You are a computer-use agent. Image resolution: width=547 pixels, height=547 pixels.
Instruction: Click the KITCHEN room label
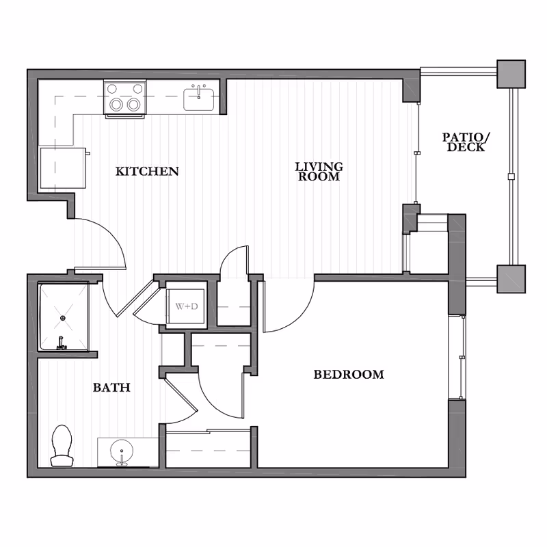tap(147, 172)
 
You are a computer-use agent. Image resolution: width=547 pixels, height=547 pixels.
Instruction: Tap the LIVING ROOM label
tap(319, 172)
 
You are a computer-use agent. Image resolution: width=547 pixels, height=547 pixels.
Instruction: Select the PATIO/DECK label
tap(466, 142)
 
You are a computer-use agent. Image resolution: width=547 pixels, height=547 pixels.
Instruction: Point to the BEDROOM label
tap(349, 374)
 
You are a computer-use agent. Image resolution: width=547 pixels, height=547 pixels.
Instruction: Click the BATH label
tap(111, 387)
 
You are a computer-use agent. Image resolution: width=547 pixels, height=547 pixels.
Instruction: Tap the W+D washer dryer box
tap(185, 306)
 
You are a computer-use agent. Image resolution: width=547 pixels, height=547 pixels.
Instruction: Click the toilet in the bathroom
tap(62, 446)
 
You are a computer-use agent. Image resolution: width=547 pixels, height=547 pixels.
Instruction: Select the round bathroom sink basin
tap(122, 453)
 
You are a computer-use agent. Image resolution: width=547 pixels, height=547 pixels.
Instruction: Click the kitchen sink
tap(199, 100)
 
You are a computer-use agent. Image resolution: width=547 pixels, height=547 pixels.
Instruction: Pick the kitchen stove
tap(125, 98)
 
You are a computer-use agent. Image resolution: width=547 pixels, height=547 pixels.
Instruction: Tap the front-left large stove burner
tap(116, 105)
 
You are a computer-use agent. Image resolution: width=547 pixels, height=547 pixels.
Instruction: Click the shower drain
tap(63, 318)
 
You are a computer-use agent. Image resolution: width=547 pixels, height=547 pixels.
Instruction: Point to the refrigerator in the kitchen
tap(63, 168)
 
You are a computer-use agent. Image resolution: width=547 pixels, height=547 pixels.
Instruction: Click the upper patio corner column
tap(511, 74)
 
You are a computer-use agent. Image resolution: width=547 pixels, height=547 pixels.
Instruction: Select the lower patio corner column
tap(511, 279)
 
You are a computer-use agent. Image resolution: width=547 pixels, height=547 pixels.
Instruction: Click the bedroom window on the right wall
tap(457, 357)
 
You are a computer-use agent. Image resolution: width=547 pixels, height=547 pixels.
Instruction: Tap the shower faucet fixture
tap(62, 344)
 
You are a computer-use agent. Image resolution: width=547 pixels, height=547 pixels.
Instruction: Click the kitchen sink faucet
tap(199, 92)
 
